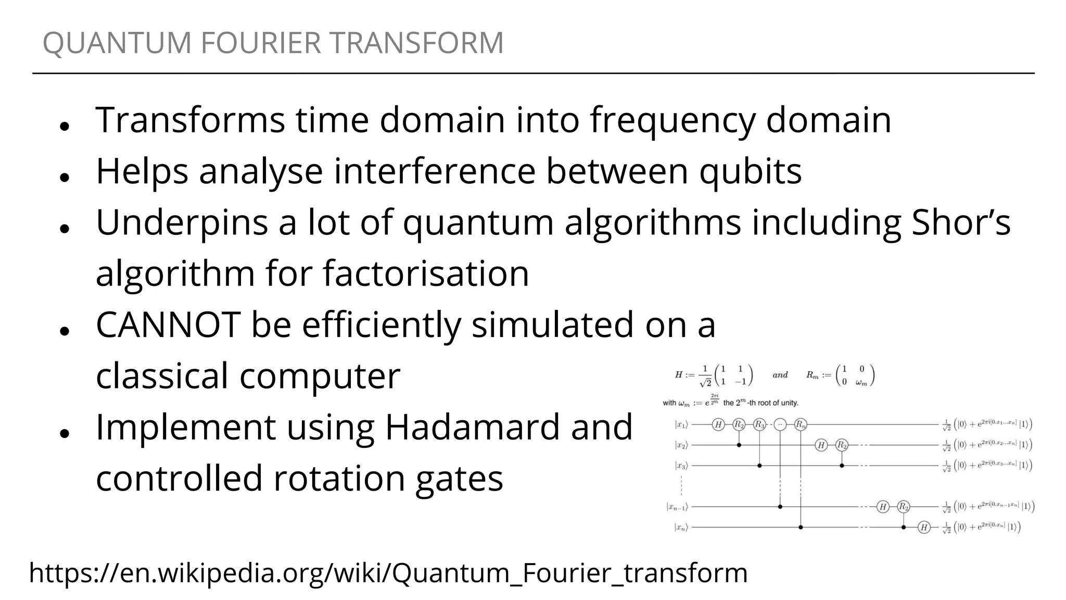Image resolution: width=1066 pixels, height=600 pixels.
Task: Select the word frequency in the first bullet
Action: click(672, 120)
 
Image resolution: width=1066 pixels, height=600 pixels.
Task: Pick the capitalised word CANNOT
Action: click(168, 324)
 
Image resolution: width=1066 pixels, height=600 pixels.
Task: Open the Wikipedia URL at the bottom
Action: click(388, 573)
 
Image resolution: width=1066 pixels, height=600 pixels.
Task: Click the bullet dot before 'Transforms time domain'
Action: click(65, 126)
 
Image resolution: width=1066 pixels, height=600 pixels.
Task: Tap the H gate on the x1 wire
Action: click(718, 424)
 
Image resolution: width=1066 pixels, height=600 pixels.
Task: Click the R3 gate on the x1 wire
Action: click(759, 424)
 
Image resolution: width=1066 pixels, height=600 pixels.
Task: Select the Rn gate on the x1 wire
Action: click(801, 424)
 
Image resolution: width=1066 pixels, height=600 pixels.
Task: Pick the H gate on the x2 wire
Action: click(821, 445)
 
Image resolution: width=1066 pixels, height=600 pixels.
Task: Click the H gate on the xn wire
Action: click(924, 528)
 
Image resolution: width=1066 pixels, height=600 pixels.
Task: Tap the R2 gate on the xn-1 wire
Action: click(904, 506)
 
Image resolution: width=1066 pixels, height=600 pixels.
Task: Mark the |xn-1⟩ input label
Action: click(677, 507)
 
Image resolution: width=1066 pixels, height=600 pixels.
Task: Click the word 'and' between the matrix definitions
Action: click(780, 375)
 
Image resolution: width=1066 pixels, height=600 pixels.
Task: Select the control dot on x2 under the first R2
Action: click(739, 445)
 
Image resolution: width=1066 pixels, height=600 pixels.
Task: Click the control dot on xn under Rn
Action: click(801, 528)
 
